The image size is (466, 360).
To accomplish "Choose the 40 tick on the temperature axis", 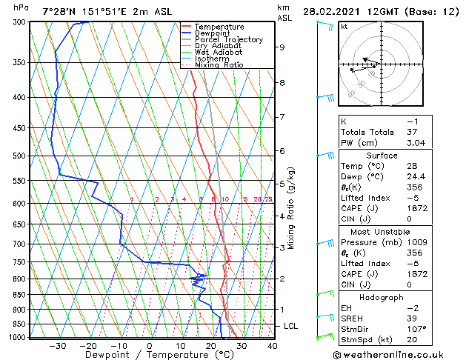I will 272,346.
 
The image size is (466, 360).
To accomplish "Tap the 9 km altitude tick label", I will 282,47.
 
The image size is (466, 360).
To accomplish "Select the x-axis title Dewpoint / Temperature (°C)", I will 149,356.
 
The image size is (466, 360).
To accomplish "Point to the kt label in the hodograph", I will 344,27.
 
